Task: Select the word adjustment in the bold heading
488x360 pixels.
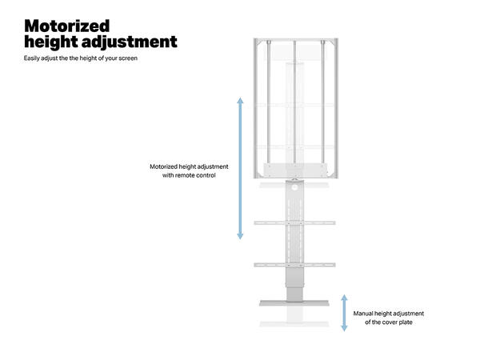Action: pos(133,42)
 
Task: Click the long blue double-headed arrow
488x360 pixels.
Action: pos(240,168)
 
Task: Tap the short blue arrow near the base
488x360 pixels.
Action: pos(345,312)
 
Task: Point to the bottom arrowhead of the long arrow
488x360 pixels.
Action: pos(240,237)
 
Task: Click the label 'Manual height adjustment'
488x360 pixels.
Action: pos(389,314)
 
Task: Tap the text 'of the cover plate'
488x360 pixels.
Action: pos(389,322)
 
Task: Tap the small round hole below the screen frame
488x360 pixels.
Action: pos(295,187)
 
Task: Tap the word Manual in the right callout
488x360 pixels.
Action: pos(364,314)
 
